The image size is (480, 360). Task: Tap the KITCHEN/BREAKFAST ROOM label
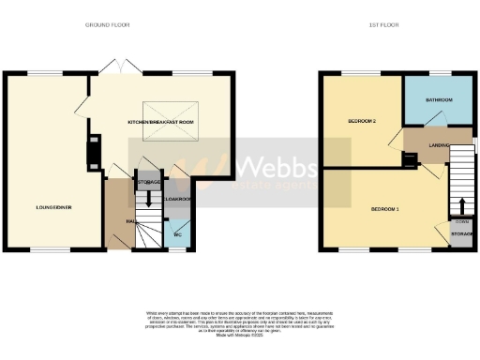(160, 123)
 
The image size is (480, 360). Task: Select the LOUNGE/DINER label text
(54, 206)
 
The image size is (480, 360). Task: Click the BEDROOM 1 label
(384, 208)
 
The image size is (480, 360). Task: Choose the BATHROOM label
(440, 99)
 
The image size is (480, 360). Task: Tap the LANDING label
(438, 145)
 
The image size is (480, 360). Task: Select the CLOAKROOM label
(177, 199)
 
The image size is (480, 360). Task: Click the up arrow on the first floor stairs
(460, 206)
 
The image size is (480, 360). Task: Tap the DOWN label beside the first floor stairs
(461, 221)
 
